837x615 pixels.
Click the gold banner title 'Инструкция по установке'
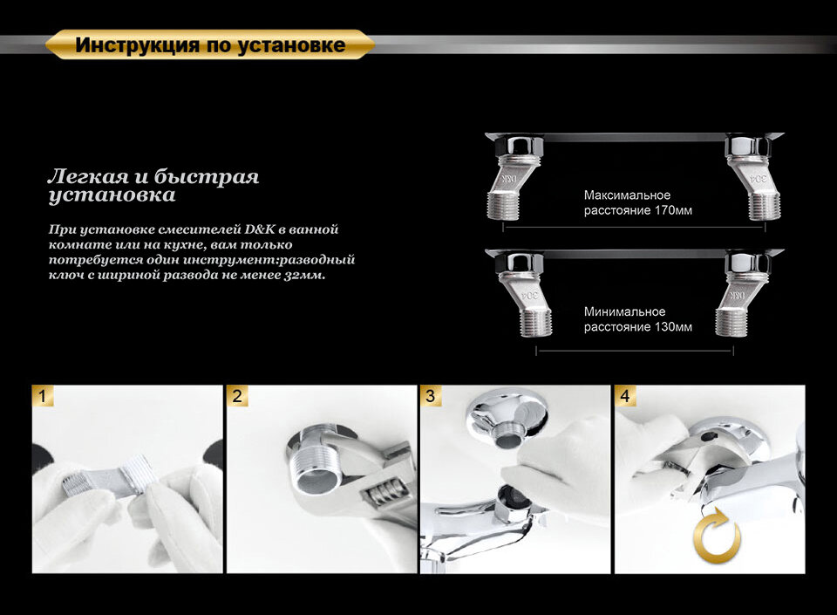[210, 44]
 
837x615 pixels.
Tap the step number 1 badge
[43, 396]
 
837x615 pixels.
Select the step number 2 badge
[237, 396]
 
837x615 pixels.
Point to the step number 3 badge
[431, 396]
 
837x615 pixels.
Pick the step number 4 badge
[625, 396]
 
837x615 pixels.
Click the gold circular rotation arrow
[717, 536]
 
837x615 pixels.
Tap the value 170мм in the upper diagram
[673, 210]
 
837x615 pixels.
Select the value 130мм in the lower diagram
[673, 327]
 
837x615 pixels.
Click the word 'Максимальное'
[627, 195]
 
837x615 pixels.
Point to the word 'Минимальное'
[624, 311]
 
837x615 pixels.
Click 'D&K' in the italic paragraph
[260, 229]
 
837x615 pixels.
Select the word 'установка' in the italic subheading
[112, 195]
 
